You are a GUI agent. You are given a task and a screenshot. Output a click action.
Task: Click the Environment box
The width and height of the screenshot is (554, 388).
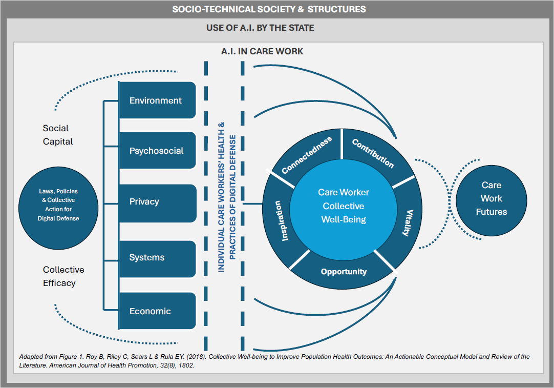point(157,100)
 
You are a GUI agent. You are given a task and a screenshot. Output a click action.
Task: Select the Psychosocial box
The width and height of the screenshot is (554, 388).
point(157,151)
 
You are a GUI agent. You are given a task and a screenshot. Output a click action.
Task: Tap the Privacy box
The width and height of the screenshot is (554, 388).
point(157,201)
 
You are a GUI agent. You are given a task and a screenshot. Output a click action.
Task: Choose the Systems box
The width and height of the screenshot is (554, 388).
point(157,257)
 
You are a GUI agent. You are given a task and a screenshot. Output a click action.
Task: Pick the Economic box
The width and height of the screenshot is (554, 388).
point(157,311)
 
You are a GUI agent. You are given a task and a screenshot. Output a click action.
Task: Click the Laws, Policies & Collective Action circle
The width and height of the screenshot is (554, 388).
point(58,205)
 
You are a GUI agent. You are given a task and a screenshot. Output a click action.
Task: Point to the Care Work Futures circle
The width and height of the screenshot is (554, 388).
point(491,198)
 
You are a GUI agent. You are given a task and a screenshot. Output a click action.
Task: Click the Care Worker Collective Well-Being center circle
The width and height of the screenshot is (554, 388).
point(343,206)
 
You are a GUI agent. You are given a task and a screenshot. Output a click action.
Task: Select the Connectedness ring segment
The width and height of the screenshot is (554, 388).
point(307,154)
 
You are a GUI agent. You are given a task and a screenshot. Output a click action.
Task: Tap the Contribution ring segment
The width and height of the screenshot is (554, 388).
point(373,152)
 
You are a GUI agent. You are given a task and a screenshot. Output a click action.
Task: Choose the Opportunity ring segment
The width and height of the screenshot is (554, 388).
point(344,272)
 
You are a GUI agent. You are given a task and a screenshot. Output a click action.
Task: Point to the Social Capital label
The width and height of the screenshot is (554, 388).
point(57,135)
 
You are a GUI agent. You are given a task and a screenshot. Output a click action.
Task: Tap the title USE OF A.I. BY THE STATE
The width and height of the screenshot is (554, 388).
point(260,28)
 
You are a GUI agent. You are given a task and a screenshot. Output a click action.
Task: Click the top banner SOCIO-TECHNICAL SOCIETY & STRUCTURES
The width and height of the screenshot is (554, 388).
point(269,9)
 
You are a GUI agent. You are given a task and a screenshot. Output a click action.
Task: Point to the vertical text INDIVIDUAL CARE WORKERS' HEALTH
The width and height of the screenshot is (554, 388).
point(221,197)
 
